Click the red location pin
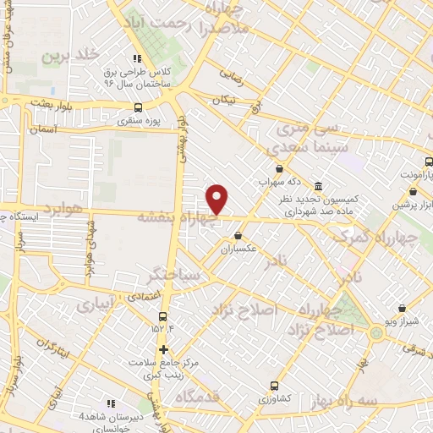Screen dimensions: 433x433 [218, 199]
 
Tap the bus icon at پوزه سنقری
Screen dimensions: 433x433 [138, 107]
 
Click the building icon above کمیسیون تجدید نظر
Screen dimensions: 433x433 [317, 186]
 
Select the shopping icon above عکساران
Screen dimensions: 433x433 [238, 236]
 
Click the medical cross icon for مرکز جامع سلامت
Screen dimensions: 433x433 [163, 349]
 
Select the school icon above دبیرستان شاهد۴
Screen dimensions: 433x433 [109, 403]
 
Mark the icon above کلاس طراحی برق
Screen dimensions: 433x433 [136, 59]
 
